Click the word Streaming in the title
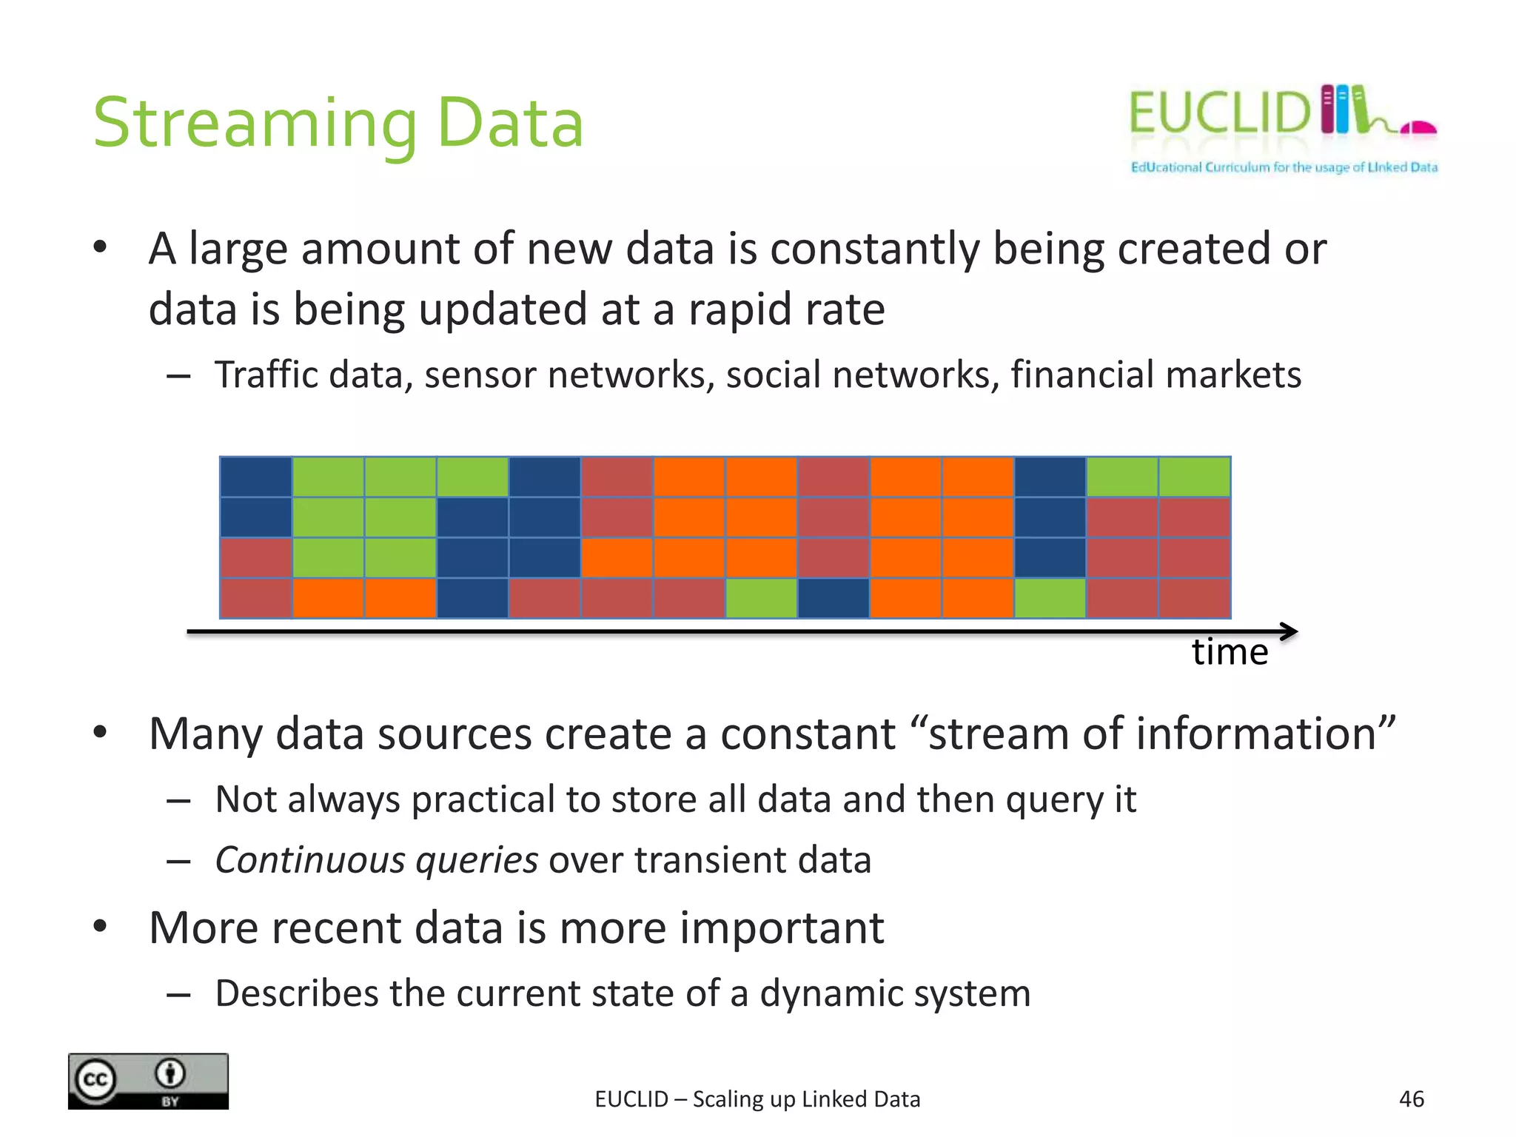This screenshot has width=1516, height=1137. (255, 124)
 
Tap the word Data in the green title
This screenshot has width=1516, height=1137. (510, 123)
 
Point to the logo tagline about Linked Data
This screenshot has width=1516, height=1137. (1284, 167)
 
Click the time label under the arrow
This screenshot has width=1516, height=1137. (1230, 652)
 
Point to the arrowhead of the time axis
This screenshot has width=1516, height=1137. (1289, 631)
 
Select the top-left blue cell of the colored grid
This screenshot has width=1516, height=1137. (256, 477)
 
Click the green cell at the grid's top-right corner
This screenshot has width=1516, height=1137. (1194, 477)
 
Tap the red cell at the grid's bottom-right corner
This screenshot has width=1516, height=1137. (1194, 598)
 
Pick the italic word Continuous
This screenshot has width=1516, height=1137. (310, 861)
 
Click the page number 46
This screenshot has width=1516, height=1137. (1411, 1099)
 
